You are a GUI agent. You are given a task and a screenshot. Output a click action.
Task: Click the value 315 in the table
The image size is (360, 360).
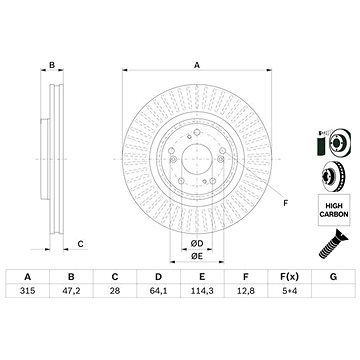(x=28, y=291)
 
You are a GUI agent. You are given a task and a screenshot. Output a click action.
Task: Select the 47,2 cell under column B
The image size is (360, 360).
(x=71, y=291)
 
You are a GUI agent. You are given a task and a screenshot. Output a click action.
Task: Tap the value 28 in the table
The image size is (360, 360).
(x=115, y=291)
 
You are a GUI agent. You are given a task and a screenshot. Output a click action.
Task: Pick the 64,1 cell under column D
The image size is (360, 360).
(x=159, y=291)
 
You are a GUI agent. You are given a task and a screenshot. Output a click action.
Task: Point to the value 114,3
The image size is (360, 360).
(x=202, y=291)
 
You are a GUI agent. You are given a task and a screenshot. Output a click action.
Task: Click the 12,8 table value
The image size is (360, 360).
(x=246, y=291)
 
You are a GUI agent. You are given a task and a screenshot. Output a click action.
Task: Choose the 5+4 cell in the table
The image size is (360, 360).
(x=290, y=291)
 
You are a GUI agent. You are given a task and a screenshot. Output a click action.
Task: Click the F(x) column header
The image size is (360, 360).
(x=290, y=277)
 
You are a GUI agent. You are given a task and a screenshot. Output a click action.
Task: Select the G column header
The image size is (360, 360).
(x=333, y=277)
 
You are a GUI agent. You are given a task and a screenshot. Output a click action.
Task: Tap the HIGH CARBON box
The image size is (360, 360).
(x=334, y=210)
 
